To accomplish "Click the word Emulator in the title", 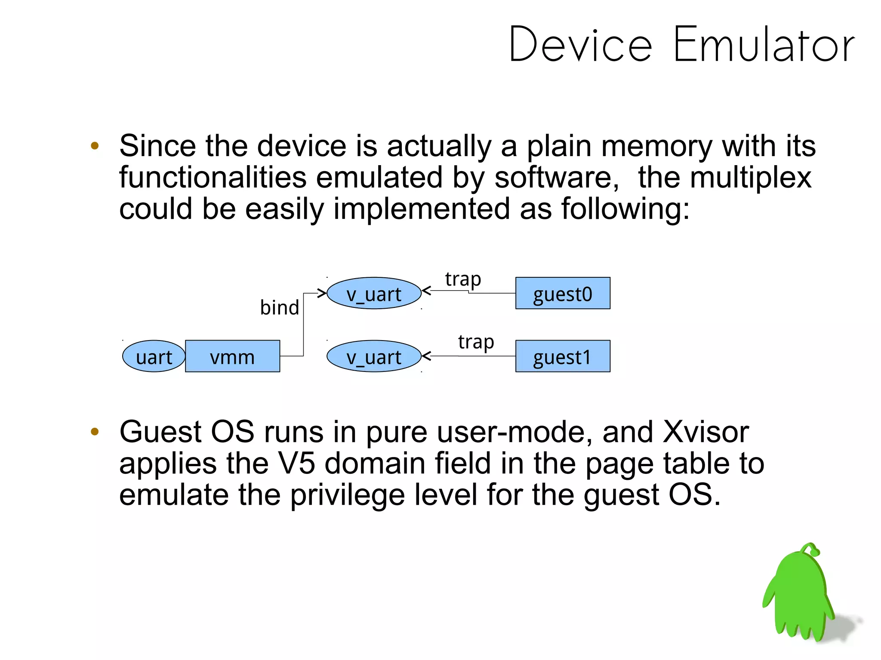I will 764,45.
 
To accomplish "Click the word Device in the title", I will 580,45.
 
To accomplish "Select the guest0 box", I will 563,293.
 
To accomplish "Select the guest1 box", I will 563,356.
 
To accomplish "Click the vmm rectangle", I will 232,356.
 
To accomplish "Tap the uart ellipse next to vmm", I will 154,356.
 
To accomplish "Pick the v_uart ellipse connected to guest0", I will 374,293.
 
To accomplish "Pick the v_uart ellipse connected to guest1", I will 374,356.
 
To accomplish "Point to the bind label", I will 279,307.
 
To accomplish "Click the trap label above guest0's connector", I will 463,279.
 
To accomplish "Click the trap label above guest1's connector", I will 476,342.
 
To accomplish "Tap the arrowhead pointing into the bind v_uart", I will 322,293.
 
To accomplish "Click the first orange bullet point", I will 95,146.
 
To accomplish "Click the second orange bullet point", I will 95,432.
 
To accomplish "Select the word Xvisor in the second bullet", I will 706,432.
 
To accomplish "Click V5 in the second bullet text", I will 296,464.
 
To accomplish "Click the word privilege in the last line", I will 347,495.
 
